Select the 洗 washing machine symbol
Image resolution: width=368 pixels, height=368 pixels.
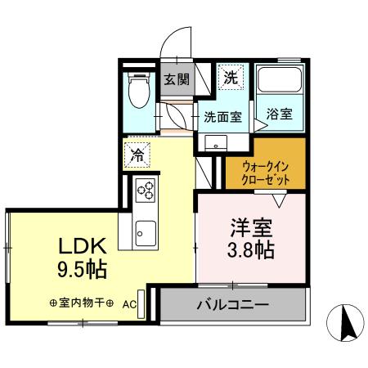point(231,79)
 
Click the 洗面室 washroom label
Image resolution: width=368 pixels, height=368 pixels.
point(222,117)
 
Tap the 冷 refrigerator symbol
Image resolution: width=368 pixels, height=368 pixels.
point(137,153)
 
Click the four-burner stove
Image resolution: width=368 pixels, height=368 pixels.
point(145,191)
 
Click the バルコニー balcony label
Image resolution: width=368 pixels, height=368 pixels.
point(232,307)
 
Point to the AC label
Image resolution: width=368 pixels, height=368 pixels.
point(129,303)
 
